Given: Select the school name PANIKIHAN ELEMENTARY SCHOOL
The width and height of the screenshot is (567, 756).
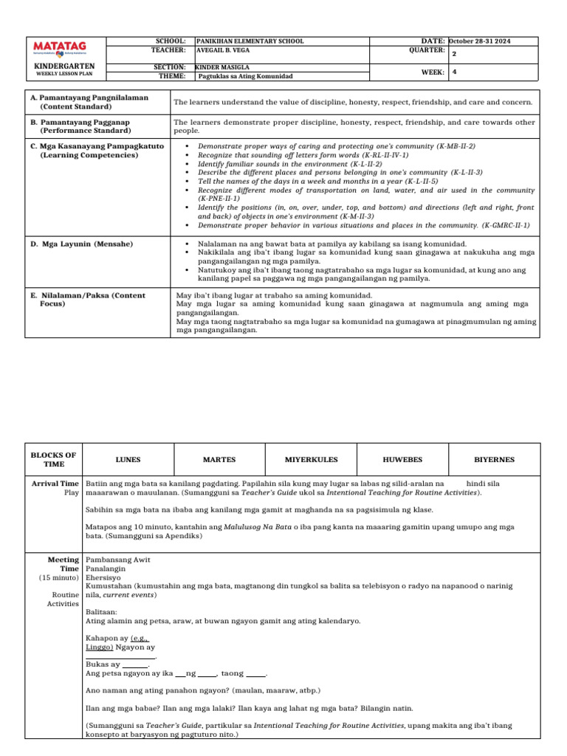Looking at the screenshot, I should click(x=250, y=41).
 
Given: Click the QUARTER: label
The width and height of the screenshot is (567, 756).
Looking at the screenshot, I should click(x=426, y=50).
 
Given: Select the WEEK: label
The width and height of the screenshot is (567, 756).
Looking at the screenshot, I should click(x=433, y=72).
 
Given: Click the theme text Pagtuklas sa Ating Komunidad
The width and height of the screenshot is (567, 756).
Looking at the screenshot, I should click(x=246, y=76).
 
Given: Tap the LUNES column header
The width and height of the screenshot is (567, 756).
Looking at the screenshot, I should click(x=128, y=459).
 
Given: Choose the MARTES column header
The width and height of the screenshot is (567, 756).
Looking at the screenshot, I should click(x=219, y=459).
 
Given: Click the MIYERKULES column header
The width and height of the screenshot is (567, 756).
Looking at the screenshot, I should click(x=311, y=459).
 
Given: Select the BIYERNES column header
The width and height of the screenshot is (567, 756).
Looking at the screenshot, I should click(x=495, y=459).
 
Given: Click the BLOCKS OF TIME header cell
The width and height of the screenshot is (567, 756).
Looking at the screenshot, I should click(x=55, y=459).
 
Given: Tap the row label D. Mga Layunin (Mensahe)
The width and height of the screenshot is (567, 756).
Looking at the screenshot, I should click(x=81, y=244).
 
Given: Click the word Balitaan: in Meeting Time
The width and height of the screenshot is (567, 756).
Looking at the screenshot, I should click(x=102, y=613).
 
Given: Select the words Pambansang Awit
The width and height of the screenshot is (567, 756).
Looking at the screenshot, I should click(x=115, y=561).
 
